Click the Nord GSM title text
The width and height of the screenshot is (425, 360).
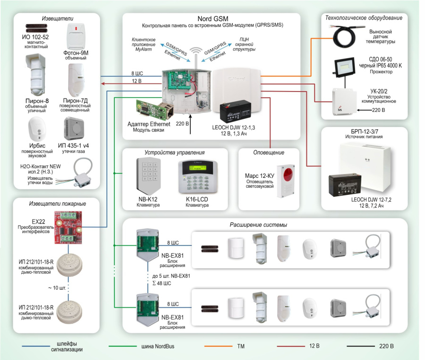(x=212, y=19)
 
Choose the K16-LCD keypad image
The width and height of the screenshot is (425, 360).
(x=194, y=177)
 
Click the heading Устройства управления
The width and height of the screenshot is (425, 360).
(x=175, y=153)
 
